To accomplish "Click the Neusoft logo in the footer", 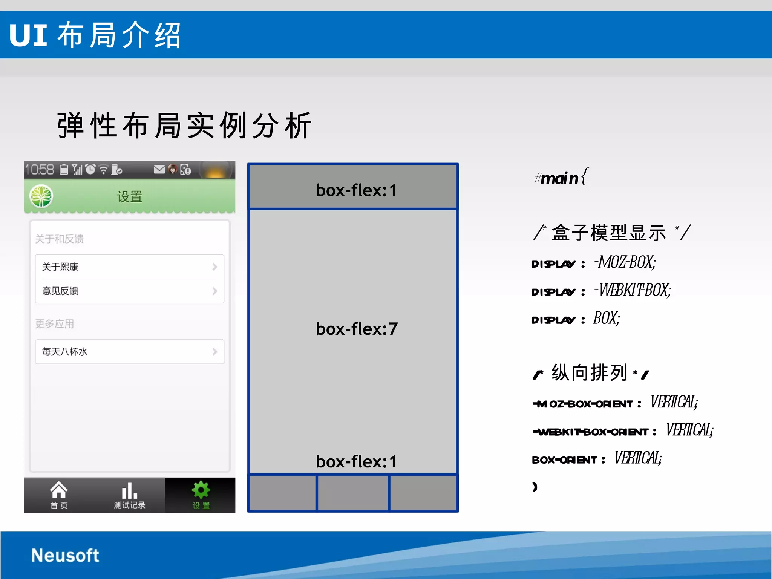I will click(x=65, y=555).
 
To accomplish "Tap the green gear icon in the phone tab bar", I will click(x=201, y=490).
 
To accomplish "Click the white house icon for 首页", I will click(x=59, y=490).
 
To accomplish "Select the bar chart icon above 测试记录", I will click(x=129, y=490).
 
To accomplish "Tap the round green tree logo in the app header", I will click(x=41, y=196).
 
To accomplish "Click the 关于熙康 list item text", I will click(x=60, y=267).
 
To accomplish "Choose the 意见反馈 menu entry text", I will click(x=60, y=291).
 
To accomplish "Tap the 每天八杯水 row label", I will click(x=65, y=352).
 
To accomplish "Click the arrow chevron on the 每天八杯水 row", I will click(x=214, y=352).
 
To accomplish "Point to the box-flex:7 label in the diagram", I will click(x=357, y=329).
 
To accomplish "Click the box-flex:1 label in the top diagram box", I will click(x=357, y=190).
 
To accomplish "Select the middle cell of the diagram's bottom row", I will click(x=353, y=493).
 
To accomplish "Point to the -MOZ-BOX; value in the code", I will click(x=626, y=262).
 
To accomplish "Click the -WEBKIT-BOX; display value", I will click(x=633, y=290).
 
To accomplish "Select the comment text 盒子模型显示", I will click(x=609, y=233).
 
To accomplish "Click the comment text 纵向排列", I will click(x=589, y=373).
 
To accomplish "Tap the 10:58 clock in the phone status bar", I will click(x=40, y=170).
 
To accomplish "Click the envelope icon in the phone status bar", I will click(x=159, y=169).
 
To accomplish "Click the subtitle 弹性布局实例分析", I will click(x=185, y=126).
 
